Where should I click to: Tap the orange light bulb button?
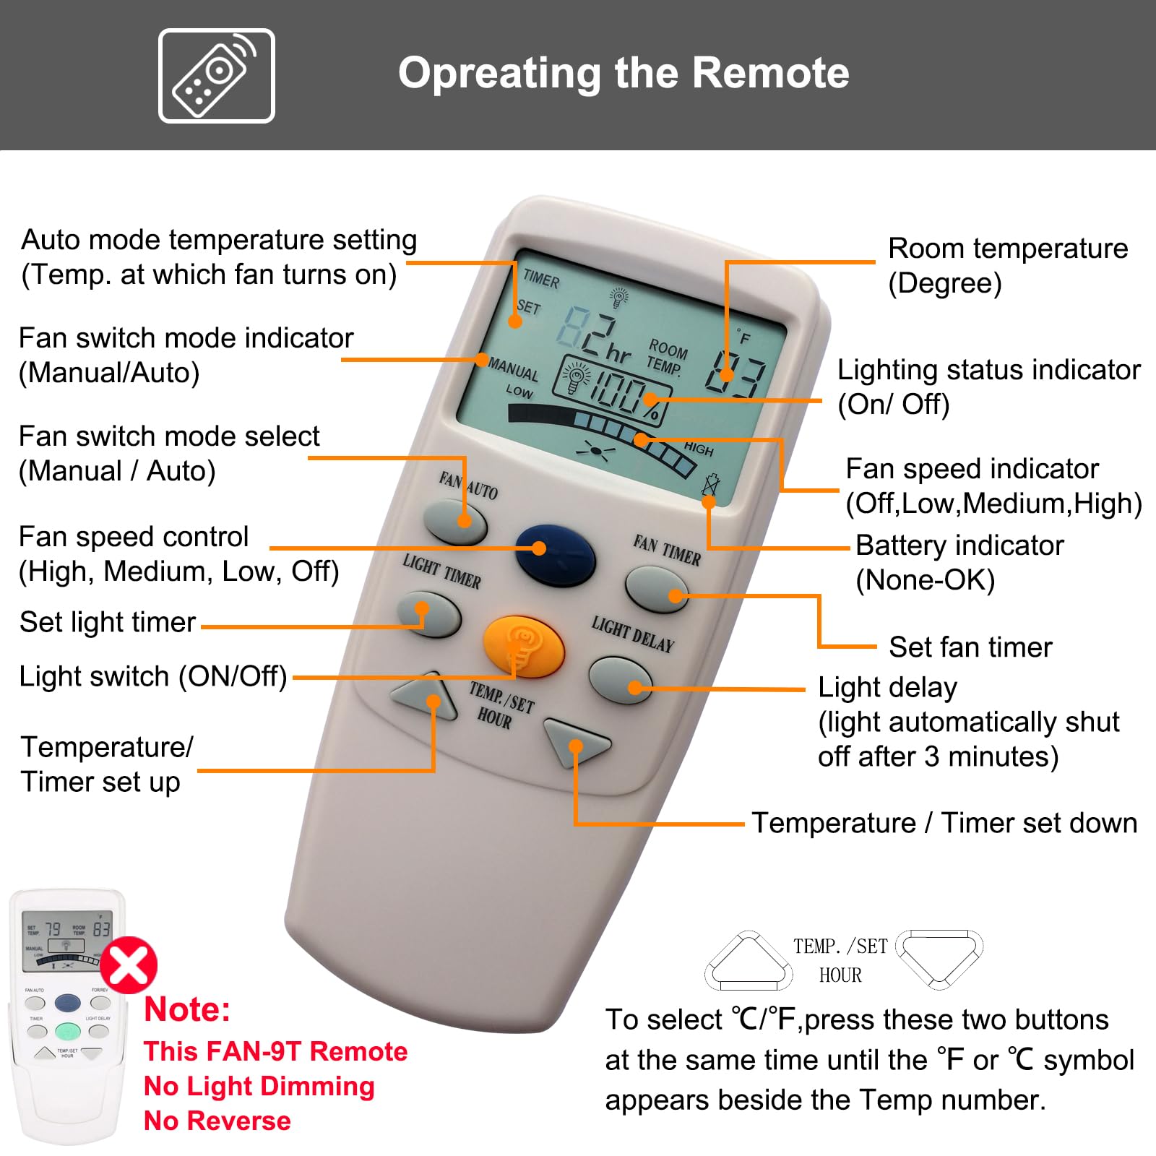coord(523,646)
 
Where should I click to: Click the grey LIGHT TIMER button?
coord(429,614)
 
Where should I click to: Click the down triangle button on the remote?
coord(576,741)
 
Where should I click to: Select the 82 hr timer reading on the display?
coord(595,337)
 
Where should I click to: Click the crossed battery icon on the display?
coord(710,485)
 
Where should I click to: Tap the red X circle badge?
coord(129,965)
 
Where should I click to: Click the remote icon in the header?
coord(217,76)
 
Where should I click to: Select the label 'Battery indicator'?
coord(959,545)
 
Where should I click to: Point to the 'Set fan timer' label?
coord(970,647)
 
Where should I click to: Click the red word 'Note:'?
coord(187,1009)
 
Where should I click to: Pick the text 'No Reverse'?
coord(217,1121)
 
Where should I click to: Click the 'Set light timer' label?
coord(108,622)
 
